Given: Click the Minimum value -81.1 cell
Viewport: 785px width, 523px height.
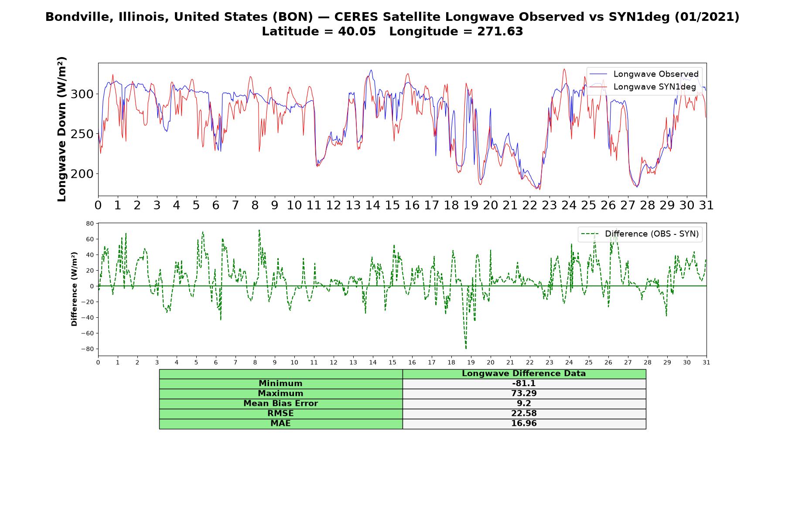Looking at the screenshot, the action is pyautogui.click(x=524, y=384).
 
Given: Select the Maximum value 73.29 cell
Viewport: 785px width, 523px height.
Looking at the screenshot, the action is pyautogui.click(x=524, y=394).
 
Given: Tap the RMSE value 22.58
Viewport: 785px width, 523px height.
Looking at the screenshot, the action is pyautogui.click(x=524, y=414).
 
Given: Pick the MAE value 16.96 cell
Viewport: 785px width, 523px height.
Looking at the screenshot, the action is pyautogui.click(x=524, y=424).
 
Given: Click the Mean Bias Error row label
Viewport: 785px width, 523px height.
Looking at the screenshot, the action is pyautogui.click(x=280, y=404).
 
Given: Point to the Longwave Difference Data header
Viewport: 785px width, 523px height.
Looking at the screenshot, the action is pyautogui.click(x=524, y=374).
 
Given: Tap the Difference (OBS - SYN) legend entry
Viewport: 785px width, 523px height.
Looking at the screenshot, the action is pyautogui.click(x=639, y=234).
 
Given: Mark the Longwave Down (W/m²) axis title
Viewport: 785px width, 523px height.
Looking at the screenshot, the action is pyautogui.click(x=62, y=129).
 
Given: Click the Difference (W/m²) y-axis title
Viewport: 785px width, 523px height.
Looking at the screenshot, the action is pyautogui.click(x=74, y=289).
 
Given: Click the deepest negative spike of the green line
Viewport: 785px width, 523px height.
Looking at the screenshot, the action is pyautogui.click(x=466, y=348).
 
